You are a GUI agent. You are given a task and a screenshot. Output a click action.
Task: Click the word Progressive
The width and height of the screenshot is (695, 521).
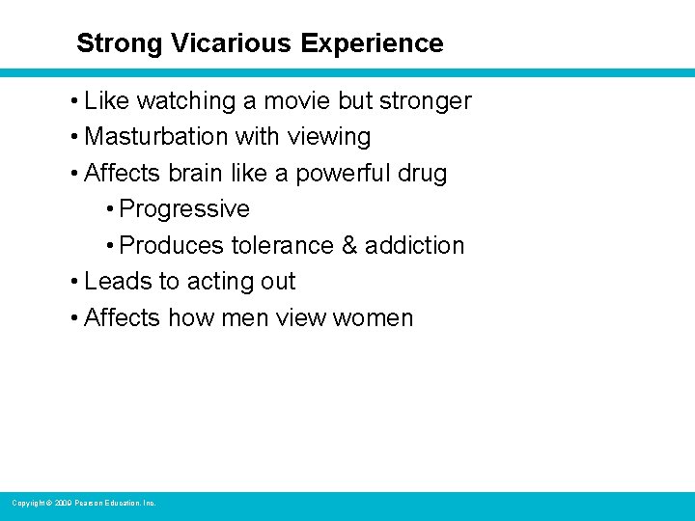pyautogui.click(x=184, y=209)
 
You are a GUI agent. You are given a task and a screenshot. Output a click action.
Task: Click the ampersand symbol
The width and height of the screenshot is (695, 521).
pyautogui.click(x=350, y=246)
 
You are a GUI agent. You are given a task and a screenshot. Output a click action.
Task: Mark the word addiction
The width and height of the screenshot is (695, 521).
pyautogui.click(x=416, y=246)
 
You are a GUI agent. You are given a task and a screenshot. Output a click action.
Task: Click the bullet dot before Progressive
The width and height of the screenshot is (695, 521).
pyautogui.click(x=111, y=210)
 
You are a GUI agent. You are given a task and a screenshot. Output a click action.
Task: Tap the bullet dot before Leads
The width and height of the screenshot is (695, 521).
pyautogui.click(x=75, y=283)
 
